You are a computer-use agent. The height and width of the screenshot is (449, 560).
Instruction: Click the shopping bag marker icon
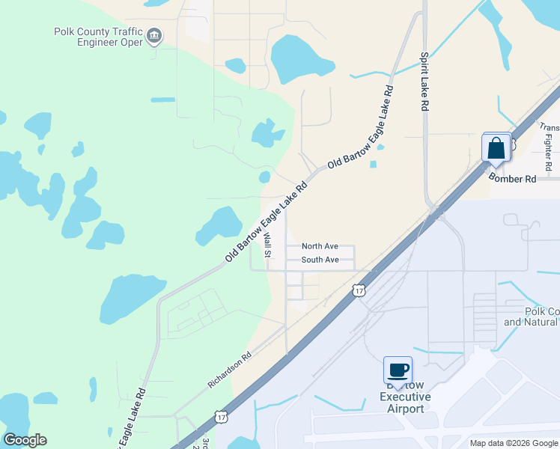point(496,147)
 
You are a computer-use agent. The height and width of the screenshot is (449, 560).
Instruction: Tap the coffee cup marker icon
point(398,370)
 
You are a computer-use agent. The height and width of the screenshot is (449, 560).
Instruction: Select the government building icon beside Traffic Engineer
point(154,36)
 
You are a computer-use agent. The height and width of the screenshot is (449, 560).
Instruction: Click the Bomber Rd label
point(513,179)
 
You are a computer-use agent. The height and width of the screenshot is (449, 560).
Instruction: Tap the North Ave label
point(320,246)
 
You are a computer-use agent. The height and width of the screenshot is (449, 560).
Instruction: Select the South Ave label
point(320,260)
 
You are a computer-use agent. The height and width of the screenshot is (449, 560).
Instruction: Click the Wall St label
point(267,245)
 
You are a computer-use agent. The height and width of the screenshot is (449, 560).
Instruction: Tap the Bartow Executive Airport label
point(401,397)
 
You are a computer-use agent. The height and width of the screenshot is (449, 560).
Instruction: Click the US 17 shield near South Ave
point(360,290)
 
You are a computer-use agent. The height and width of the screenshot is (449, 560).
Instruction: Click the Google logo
point(25,441)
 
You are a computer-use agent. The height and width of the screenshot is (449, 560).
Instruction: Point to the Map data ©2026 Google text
point(514,443)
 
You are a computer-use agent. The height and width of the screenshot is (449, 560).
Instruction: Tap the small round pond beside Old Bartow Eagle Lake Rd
point(264,177)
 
